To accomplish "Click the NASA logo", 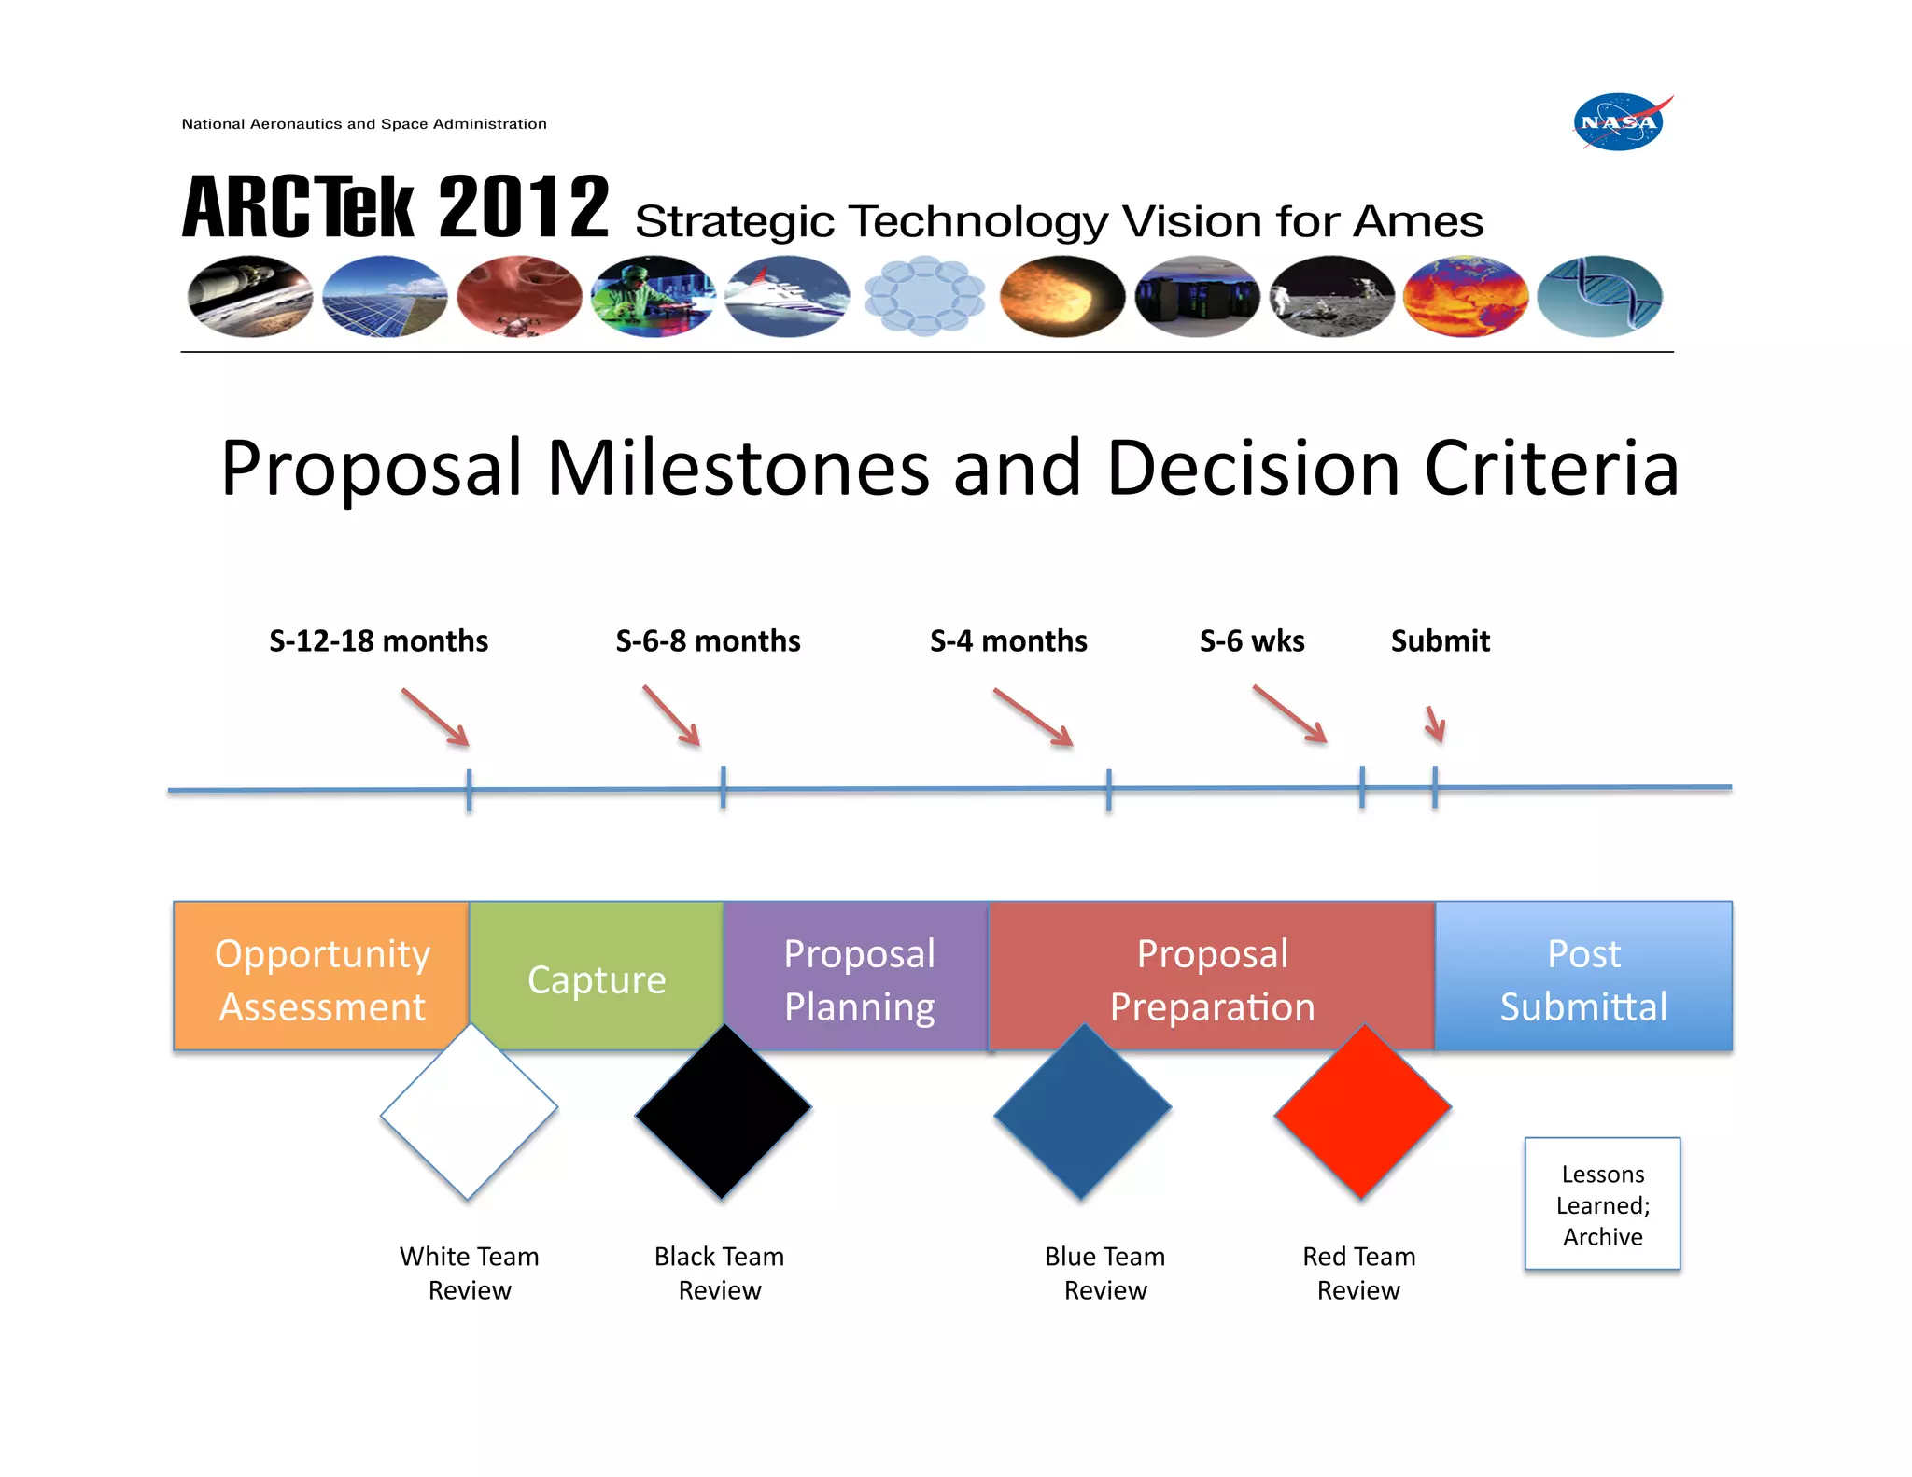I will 1620,122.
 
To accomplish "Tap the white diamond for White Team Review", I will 469,1111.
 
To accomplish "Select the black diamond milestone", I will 723,1111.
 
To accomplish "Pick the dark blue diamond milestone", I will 1082,1111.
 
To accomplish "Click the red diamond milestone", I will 1362,1111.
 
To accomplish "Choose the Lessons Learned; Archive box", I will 1602,1204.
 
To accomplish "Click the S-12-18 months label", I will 378,641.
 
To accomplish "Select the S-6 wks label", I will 1252,641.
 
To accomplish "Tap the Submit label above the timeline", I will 1440,641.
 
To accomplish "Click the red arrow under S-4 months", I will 1033,718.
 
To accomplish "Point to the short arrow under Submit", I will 1436,724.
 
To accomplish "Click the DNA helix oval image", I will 1599,297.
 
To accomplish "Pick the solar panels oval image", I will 385,297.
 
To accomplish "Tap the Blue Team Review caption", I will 1105,1273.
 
